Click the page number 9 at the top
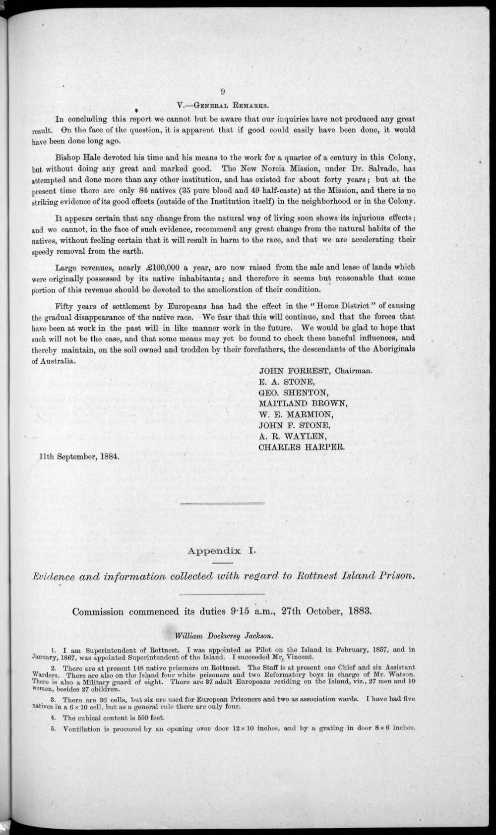[x=223, y=91]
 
